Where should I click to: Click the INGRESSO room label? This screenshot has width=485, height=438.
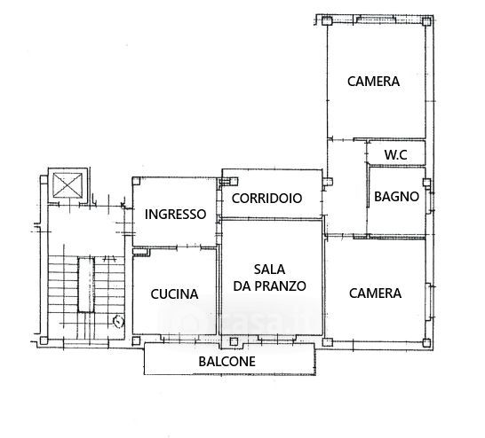175,215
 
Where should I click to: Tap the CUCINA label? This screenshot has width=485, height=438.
174,294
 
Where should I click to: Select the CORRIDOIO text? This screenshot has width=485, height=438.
266,199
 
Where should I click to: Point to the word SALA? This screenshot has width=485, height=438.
269,270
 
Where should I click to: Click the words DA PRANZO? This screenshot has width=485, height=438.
269,286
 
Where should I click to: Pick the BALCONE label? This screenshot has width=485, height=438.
227,362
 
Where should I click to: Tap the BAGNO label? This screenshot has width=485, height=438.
396,197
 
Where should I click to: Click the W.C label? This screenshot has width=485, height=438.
396,154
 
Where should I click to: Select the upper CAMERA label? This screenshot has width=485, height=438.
373,82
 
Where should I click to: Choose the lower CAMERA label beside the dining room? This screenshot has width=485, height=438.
375,293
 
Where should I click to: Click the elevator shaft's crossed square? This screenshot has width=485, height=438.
68,185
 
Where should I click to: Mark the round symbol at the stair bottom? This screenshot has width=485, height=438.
119,321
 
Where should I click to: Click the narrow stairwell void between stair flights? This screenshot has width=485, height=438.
86,285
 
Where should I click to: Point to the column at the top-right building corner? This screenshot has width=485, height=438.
426,21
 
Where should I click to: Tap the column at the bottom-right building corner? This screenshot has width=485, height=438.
426,342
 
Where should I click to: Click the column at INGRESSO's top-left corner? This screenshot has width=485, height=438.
136,181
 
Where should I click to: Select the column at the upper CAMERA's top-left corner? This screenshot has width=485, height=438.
327,21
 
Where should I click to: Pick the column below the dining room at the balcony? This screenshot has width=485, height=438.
234,341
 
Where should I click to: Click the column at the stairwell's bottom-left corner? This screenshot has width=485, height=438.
44,340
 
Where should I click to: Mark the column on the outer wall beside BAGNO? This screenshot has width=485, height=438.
427,182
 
